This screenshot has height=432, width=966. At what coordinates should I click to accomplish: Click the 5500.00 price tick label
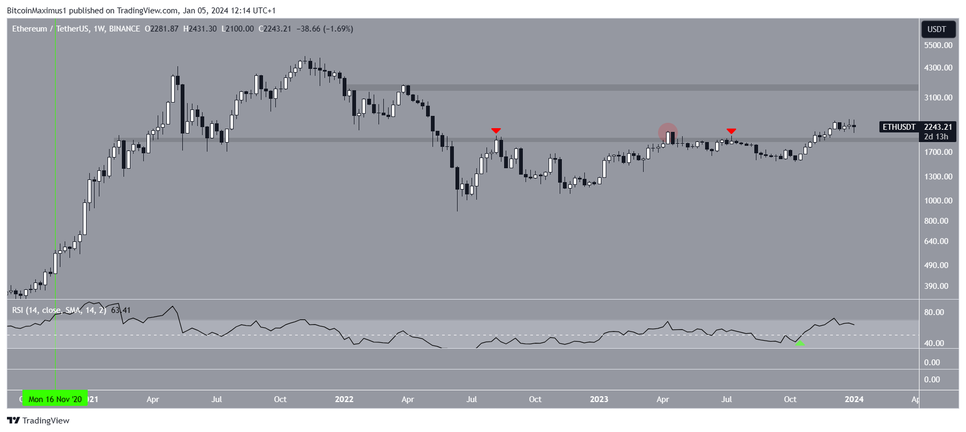pyautogui.click(x=938, y=45)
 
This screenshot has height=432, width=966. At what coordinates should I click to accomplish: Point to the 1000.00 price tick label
pyautogui.click(x=938, y=201)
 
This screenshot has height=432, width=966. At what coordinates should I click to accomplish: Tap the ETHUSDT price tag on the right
pyautogui.click(x=899, y=127)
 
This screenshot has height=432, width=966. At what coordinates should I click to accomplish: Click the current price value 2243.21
pyautogui.click(x=938, y=127)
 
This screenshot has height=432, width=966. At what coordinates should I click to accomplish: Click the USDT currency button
pyautogui.click(x=937, y=29)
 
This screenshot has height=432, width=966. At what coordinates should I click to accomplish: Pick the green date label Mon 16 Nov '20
pyautogui.click(x=55, y=399)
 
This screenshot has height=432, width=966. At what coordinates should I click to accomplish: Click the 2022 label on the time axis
pyautogui.click(x=344, y=399)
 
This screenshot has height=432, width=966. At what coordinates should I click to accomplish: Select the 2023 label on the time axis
pyautogui.click(x=599, y=399)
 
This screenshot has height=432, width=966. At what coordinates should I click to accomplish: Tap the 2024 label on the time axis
pyautogui.click(x=854, y=399)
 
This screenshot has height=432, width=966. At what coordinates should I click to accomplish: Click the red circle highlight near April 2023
pyautogui.click(x=668, y=133)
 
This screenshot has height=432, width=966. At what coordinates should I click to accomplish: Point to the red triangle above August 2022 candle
pyautogui.click(x=496, y=131)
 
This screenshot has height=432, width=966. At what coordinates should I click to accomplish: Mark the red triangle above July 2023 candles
pyautogui.click(x=731, y=131)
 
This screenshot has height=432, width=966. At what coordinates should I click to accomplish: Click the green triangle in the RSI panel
pyautogui.click(x=800, y=343)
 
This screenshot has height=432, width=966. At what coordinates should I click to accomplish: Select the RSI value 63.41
pyautogui.click(x=121, y=310)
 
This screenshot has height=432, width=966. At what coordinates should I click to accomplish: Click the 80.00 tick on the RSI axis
pyautogui.click(x=934, y=312)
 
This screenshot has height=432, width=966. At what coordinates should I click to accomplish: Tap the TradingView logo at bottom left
pyautogui.click(x=38, y=421)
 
